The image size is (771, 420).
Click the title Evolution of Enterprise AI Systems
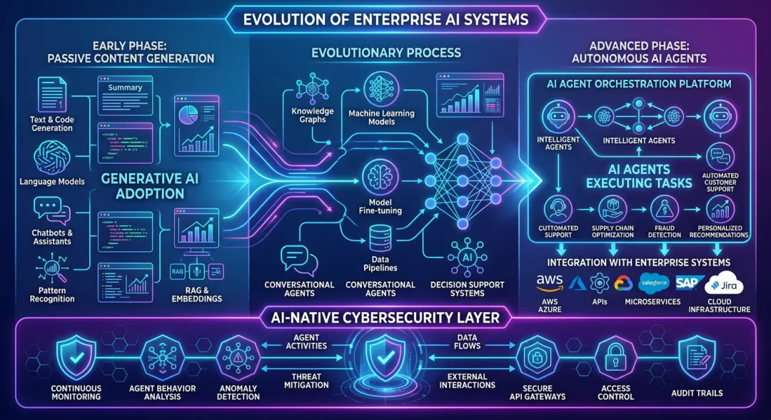[385, 19]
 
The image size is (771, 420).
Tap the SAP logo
[690, 283]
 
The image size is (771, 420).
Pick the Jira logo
[723, 285]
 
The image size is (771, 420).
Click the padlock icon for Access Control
[615, 356]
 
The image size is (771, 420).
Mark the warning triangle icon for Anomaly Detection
[238, 356]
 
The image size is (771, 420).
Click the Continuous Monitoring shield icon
[76, 356]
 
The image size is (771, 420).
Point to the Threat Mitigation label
[306, 380]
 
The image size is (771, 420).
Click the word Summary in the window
[125, 88]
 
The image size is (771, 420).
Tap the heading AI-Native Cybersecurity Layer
[385, 317]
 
